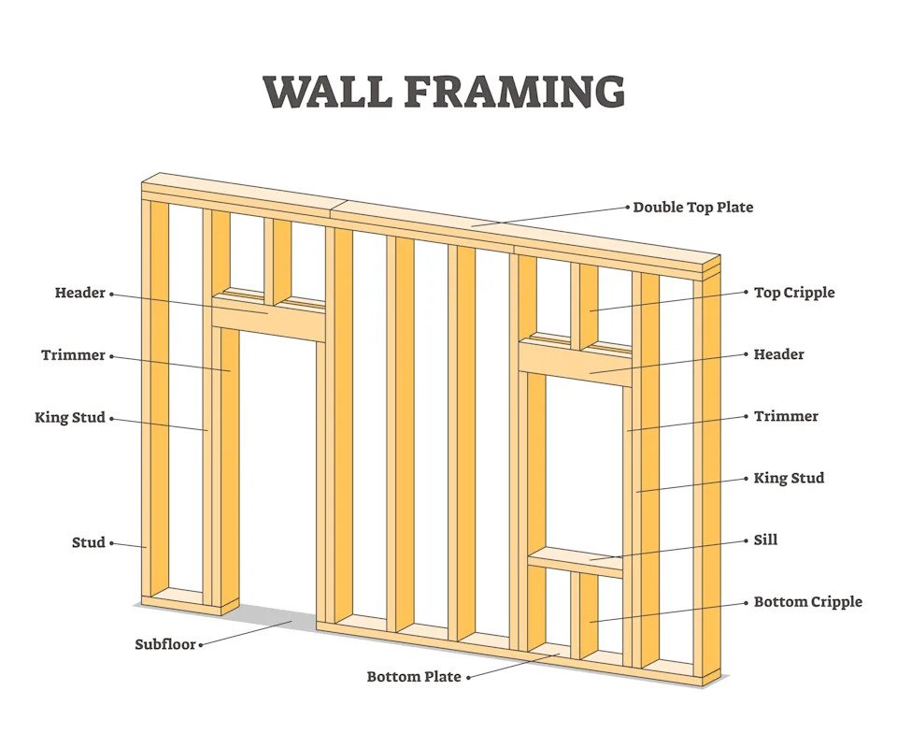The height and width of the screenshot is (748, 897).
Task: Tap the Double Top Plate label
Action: (x=692, y=208)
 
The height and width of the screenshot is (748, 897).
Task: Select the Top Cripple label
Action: (x=794, y=293)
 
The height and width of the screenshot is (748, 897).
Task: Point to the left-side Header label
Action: (x=79, y=293)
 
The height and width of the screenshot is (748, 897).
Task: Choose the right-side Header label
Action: (x=779, y=354)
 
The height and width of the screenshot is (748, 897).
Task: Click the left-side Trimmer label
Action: (x=73, y=355)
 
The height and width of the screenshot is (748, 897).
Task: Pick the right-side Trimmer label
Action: (x=786, y=416)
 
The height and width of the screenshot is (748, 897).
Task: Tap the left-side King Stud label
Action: (x=70, y=418)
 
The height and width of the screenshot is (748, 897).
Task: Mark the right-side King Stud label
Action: (x=789, y=478)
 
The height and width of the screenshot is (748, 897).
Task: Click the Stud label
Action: (x=89, y=542)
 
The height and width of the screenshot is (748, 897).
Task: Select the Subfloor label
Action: (x=165, y=644)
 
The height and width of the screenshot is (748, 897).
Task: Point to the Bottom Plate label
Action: (x=413, y=676)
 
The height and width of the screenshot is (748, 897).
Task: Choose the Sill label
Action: (x=765, y=539)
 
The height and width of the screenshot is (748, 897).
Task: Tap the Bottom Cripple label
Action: (x=807, y=602)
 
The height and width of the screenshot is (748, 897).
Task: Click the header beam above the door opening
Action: (x=269, y=319)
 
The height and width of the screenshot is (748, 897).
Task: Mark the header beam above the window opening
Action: (x=575, y=360)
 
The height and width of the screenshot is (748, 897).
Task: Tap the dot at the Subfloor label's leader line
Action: (x=201, y=644)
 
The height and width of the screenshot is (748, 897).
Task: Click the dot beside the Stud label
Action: (x=112, y=542)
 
